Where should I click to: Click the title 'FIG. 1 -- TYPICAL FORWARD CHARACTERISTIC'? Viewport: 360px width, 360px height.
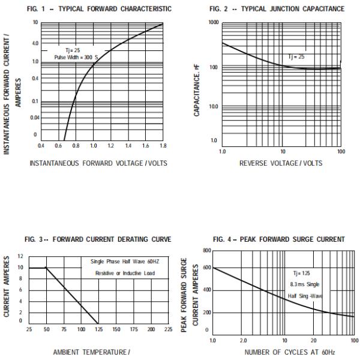click(x=98, y=9)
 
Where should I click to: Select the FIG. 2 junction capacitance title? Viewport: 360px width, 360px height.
click(x=277, y=9)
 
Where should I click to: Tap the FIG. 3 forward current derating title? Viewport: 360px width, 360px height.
click(x=98, y=239)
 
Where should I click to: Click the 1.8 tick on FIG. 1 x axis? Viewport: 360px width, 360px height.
click(x=162, y=146)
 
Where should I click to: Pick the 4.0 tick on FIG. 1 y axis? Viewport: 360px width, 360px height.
click(x=35, y=43)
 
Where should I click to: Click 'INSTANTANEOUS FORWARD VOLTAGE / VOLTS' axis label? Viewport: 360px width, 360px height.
click(x=99, y=163)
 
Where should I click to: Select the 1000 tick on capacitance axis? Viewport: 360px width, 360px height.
click(x=213, y=22)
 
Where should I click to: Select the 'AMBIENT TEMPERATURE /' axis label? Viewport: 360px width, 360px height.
click(x=91, y=352)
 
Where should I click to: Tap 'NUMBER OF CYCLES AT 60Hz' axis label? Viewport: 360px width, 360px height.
click(x=282, y=352)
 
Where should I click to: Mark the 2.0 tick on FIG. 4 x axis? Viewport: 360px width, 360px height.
click(x=244, y=340)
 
